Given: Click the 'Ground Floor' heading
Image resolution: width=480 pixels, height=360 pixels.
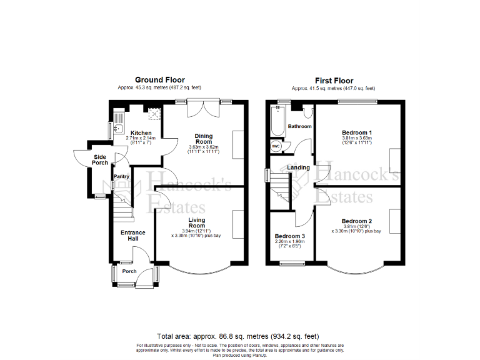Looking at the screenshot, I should click(x=160, y=80).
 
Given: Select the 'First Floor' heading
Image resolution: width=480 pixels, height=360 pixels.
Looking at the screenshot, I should click(x=334, y=81).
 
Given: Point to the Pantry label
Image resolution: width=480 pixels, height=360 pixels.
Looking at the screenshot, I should click(x=121, y=176).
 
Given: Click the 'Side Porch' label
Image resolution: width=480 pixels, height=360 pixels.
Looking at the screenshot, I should click(x=101, y=160).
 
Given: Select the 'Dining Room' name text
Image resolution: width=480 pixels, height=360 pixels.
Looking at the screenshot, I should click(x=202, y=137).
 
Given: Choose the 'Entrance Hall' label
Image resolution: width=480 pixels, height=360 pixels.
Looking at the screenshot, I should click(x=132, y=236).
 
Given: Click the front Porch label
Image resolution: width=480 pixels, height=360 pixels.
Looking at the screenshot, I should click(x=129, y=271).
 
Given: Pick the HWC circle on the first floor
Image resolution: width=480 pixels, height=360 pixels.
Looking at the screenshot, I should click(x=276, y=146).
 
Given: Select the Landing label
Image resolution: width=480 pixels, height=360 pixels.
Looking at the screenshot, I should click(x=298, y=167).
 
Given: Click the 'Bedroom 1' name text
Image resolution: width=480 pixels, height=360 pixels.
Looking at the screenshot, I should click(x=357, y=132).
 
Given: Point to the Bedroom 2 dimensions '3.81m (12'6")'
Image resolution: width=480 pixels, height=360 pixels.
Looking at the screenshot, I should click(x=357, y=226).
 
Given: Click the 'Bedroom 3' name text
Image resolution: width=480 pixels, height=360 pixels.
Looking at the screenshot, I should click(x=289, y=236).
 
